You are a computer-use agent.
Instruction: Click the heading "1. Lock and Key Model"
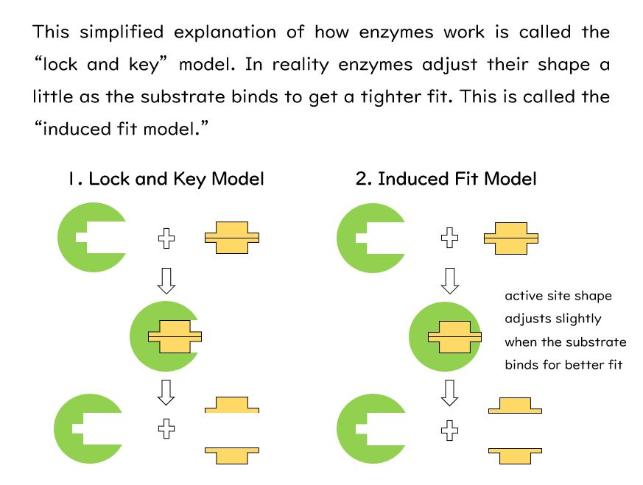165,179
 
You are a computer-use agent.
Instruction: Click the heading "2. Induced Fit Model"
446,179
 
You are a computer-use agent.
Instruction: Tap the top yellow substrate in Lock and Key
232,238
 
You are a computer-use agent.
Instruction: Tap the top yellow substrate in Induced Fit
510,238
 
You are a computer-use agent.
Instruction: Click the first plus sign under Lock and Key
167,238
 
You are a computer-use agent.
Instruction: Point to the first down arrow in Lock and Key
167,280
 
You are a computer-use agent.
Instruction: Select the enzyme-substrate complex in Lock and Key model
166,336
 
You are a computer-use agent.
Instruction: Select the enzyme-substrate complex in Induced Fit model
446,336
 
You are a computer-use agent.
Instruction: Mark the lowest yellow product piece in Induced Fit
516,455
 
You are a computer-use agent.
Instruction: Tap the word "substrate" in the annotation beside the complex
596,342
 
